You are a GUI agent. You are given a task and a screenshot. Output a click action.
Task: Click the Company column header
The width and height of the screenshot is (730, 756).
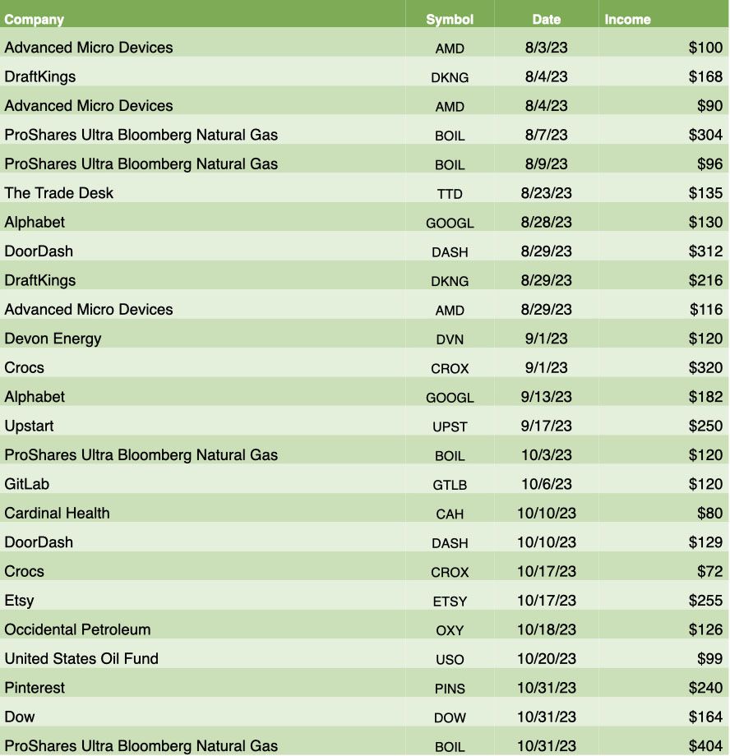(x=35, y=20)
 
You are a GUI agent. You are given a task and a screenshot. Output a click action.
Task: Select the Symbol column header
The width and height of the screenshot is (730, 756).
(x=450, y=20)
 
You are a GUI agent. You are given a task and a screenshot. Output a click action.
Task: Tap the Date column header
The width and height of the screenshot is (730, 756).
(x=546, y=20)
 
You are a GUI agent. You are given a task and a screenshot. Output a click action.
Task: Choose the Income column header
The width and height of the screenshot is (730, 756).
(x=627, y=20)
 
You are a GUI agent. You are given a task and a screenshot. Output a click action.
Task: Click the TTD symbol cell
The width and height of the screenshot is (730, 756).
(x=450, y=194)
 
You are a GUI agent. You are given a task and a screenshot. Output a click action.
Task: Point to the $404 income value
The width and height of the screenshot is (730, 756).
(x=705, y=746)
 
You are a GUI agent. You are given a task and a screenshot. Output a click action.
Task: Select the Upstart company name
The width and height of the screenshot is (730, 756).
(x=29, y=426)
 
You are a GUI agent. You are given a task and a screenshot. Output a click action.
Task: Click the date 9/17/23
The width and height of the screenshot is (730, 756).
(x=546, y=426)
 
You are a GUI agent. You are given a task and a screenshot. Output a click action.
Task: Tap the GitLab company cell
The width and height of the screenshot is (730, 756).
(x=27, y=484)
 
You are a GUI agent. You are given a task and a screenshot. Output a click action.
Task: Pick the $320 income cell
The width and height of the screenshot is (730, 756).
(x=705, y=367)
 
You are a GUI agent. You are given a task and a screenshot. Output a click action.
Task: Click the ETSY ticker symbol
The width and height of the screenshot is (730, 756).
(x=450, y=601)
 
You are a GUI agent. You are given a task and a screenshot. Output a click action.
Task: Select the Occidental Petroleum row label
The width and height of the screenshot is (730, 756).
(x=77, y=629)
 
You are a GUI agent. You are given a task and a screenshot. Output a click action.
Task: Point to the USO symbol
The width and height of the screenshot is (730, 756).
(x=450, y=659)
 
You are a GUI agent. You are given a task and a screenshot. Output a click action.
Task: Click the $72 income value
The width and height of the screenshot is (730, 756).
(x=710, y=571)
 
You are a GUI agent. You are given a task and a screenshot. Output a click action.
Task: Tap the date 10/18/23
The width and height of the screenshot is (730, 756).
(x=546, y=629)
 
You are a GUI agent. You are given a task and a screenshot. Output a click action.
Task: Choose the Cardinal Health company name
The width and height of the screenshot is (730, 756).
(x=57, y=513)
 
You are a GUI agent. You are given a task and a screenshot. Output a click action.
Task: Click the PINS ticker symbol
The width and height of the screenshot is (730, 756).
(x=450, y=688)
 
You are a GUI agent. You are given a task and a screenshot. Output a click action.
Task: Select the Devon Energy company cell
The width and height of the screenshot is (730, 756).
(x=53, y=339)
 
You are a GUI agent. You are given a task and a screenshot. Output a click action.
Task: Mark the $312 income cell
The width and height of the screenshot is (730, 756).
(x=705, y=251)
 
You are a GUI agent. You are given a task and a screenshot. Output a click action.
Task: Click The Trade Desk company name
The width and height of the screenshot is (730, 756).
(x=59, y=193)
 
